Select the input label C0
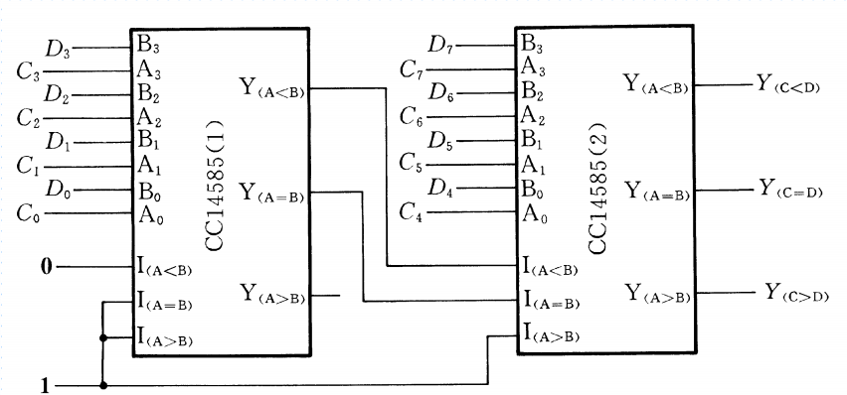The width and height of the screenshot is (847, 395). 30,211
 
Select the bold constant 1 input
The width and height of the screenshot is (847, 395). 44,384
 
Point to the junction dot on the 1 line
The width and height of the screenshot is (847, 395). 102,384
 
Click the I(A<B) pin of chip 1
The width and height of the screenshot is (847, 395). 165,268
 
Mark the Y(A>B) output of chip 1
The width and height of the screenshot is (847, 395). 271,295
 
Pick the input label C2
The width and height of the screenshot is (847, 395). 30,116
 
